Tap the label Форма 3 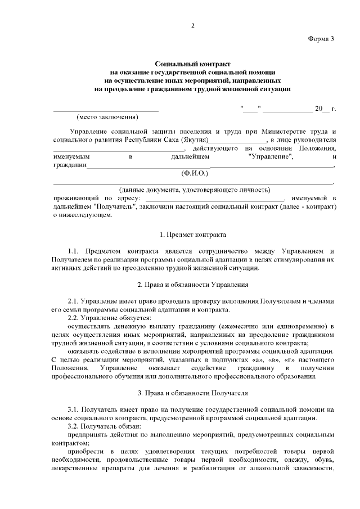[x=321, y=38]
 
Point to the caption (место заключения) [x=107, y=117]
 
